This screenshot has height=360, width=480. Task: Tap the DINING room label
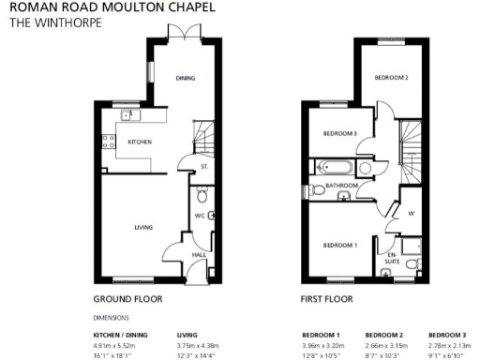185,78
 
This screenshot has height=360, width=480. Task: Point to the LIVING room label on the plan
142,226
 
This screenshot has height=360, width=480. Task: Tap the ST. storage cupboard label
203,167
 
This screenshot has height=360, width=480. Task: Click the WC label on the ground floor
198,215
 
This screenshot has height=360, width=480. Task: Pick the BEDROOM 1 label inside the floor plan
339,245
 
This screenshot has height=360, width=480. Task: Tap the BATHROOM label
342,186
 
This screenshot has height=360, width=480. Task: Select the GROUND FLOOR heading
127,300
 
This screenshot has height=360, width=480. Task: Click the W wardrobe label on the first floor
410,213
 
